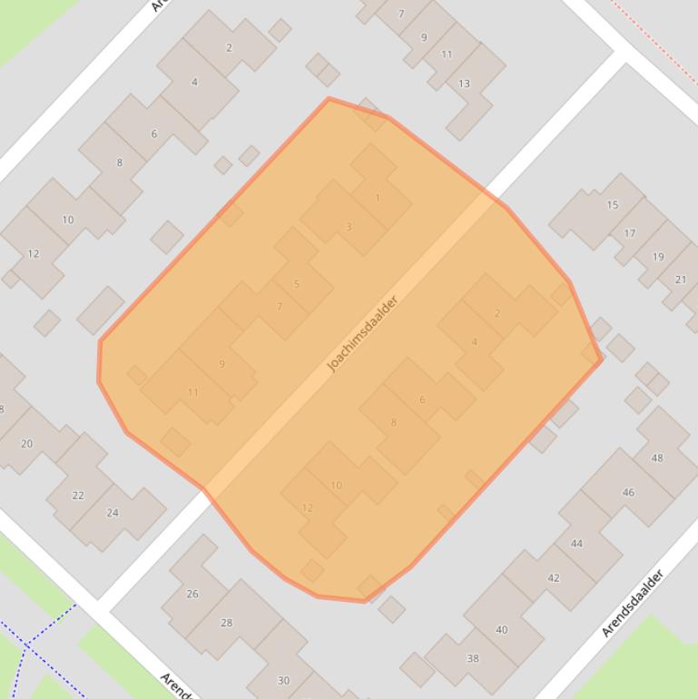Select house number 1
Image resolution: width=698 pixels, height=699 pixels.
378,198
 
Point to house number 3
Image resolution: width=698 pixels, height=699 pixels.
349,227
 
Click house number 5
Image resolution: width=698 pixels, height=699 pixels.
297,284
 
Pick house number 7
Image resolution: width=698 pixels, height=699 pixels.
280,307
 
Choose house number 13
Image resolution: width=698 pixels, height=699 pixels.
464,84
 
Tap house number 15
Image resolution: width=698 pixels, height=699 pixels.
612,205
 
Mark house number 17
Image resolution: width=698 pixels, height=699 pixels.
630,233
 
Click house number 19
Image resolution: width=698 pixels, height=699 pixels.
658,257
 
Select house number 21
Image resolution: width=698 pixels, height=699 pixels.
681,280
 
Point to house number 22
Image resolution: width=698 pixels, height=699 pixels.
78,496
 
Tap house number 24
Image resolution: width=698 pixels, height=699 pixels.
113,513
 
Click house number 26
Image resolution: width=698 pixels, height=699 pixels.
192,594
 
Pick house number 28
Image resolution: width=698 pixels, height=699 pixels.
227,623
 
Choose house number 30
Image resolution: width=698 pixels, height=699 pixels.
283,681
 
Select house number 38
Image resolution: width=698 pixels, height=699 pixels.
472,658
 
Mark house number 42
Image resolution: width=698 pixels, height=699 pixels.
554,578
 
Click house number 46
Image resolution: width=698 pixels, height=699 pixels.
628,492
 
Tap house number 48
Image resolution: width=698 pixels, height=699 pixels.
657,458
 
